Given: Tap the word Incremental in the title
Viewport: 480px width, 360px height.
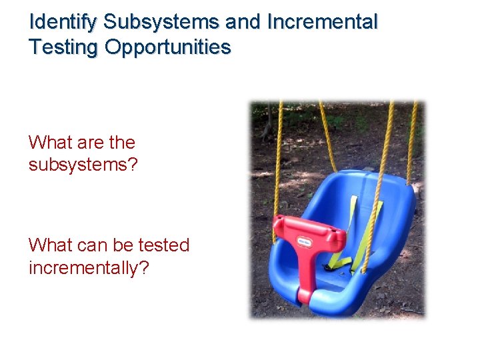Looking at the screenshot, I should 322,22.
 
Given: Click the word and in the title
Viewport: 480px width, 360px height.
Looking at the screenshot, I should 244,22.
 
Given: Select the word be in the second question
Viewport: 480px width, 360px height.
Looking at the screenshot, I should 123,245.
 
